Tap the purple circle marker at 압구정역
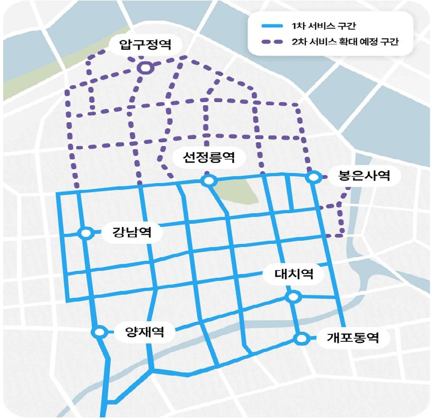[x=145, y=68]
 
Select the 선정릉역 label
[x=207, y=157]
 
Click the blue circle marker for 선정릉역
[x=208, y=181]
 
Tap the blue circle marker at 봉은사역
[x=313, y=177]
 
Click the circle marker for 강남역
[x=85, y=233]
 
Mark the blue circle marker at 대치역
[x=292, y=297]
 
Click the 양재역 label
[x=143, y=332]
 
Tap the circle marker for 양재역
[x=99, y=332]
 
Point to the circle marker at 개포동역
[x=301, y=338]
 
